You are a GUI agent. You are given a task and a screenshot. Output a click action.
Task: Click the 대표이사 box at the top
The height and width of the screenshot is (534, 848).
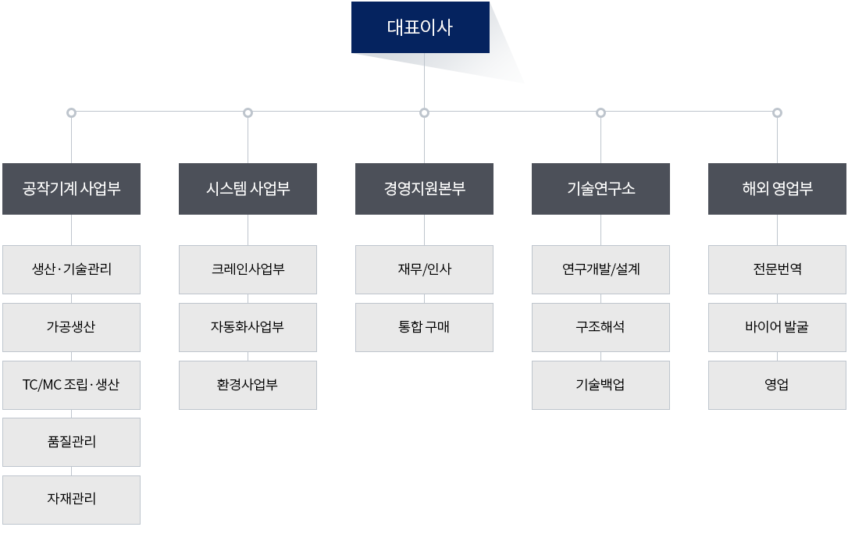420,27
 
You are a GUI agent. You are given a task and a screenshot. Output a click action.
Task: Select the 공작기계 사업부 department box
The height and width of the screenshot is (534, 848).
71,189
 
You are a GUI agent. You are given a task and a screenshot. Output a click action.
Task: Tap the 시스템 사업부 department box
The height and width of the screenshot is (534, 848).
248,189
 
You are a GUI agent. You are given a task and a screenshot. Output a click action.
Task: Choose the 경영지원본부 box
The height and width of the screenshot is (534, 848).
424,189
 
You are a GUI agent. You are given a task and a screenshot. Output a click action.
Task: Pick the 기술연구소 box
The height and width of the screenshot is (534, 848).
600,189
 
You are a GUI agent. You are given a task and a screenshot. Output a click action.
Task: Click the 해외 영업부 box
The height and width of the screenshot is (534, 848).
777,189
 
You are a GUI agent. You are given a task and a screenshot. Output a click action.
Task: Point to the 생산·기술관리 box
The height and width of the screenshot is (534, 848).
71,269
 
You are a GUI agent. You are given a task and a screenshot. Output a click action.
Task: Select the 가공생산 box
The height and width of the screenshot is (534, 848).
71,328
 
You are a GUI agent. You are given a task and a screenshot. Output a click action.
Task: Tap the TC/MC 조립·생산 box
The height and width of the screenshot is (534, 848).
71,385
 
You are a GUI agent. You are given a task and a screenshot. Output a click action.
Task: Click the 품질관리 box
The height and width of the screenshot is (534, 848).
71,442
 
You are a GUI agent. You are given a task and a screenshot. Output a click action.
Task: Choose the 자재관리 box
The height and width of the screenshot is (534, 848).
71,500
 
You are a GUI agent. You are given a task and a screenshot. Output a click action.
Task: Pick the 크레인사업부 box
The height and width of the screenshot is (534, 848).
248,269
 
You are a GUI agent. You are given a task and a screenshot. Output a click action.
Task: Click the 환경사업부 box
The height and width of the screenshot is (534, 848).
248,385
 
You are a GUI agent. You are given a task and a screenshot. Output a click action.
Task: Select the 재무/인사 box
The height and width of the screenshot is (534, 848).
424,269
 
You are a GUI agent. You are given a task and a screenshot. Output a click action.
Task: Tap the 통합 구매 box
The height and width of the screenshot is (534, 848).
424,328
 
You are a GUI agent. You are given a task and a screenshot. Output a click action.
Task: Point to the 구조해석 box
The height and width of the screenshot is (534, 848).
600,328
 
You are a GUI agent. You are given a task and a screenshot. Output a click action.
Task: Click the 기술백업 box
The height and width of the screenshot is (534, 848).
600,385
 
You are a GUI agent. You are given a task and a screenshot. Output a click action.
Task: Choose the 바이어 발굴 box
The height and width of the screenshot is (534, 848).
777,328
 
